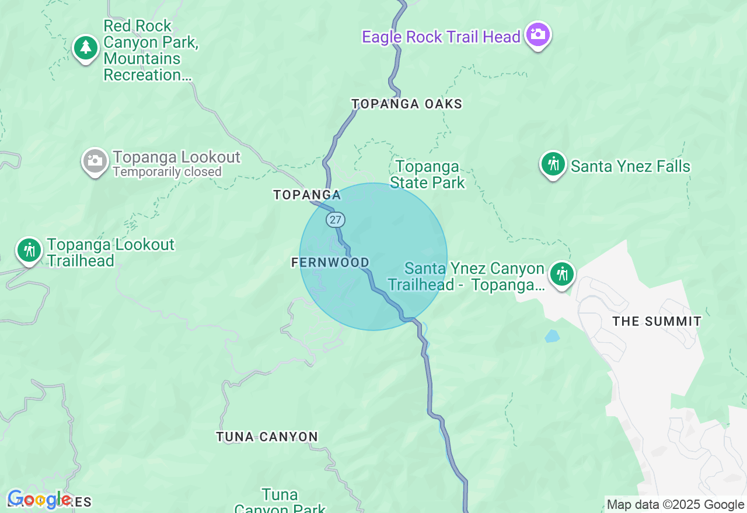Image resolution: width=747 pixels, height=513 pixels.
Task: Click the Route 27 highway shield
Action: pyautogui.click(x=336, y=220)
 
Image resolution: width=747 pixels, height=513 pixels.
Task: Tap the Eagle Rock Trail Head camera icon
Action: pyautogui.click(x=537, y=34)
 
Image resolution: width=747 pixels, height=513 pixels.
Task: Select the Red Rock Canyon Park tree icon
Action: pyautogui.click(x=86, y=48)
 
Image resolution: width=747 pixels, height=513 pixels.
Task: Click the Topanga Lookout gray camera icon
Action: pyautogui.click(x=95, y=161)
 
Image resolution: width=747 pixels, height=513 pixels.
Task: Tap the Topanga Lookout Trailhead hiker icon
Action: pyautogui.click(x=29, y=250)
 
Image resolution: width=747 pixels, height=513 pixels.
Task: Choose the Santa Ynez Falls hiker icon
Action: pyautogui.click(x=553, y=164)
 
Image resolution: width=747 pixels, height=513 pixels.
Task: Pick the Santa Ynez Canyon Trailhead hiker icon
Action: pyautogui.click(x=562, y=274)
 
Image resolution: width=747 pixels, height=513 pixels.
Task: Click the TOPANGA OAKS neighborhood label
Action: pyautogui.click(x=407, y=104)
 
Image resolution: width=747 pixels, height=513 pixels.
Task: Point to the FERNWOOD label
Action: pyautogui.click(x=330, y=263)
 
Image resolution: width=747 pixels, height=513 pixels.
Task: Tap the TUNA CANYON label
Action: pyautogui.click(x=267, y=437)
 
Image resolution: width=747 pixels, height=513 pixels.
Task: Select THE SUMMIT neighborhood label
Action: pyautogui.click(x=657, y=321)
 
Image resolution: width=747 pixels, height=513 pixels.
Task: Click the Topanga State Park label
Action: pyautogui.click(x=427, y=174)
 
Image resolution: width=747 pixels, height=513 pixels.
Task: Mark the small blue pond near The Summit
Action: pyautogui.click(x=551, y=336)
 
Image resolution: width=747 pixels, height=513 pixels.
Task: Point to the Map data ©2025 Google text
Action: pyautogui.click(x=675, y=505)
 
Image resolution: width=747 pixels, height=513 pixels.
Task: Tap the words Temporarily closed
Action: pyautogui.click(x=167, y=172)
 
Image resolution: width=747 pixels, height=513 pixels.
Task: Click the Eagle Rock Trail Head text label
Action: pyautogui.click(x=441, y=37)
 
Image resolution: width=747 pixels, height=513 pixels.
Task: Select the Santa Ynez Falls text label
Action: pyautogui.click(x=630, y=167)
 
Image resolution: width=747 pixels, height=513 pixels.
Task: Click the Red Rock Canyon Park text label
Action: pyautogui.click(x=151, y=50)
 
